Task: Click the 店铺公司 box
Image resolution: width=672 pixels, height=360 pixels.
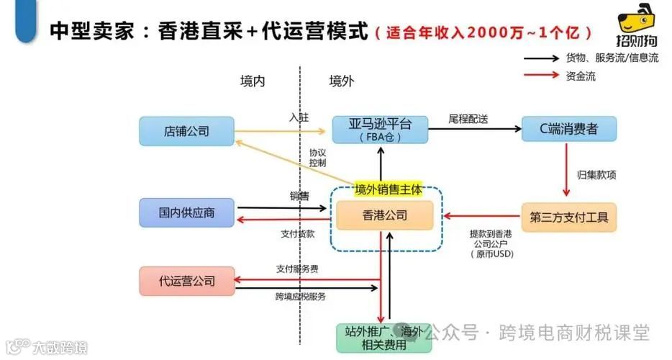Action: [x=186, y=131]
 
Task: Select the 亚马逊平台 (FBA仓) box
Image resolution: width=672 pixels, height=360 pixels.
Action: [x=380, y=130]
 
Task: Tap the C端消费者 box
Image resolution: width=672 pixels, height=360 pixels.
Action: [x=568, y=129]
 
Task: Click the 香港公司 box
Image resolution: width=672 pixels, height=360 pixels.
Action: [x=385, y=215]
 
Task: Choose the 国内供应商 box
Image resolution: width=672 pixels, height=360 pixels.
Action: [x=186, y=213]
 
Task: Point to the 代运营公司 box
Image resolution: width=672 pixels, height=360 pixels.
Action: [x=186, y=280]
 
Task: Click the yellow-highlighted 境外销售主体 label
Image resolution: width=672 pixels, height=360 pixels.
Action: [x=388, y=189]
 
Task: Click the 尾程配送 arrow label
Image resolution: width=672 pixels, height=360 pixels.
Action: [x=468, y=119]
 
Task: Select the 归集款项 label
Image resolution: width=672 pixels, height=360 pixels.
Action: [x=596, y=174]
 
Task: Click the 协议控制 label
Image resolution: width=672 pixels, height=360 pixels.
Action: [x=317, y=158]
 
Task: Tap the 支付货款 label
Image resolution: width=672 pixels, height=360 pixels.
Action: [x=297, y=233]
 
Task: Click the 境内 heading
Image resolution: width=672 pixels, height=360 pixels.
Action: [x=253, y=81]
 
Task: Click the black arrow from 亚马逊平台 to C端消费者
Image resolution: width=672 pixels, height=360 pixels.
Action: [x=475, y=130]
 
